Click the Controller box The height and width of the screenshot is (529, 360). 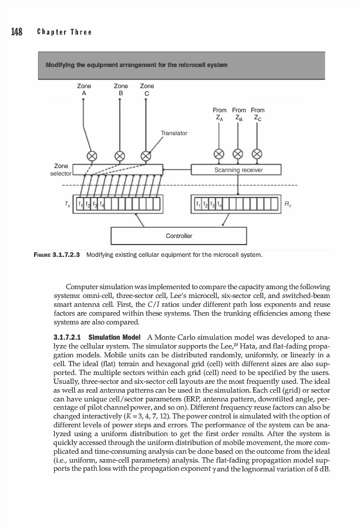click(x=179, y=236)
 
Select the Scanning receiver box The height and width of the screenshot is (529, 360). click(x=238, y=170)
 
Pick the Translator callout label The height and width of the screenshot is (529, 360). click(x=173, y=133)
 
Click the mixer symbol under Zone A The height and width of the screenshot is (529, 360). click(x=92, y=156)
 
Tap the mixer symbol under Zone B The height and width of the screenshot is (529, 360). click(x=120, y=156)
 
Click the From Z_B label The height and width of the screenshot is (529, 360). click(x=239, y=113)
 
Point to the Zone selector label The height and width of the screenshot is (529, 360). click(x=61, y=170)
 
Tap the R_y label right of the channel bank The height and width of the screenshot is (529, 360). click(x=287, y=204)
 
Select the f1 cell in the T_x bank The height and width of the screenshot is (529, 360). click(x=86, y=205)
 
